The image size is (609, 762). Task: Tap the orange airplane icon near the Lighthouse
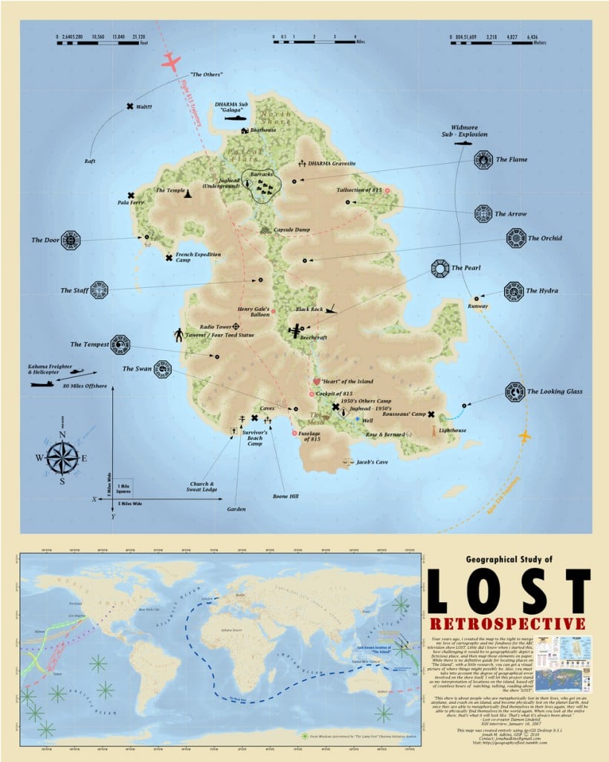click(x=525, y=435)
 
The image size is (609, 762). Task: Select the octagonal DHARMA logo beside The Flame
click(x=483, y=159)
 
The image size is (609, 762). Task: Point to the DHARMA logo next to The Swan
click(x=162, y=369)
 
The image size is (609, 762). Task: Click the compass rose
click(x=62, y=458)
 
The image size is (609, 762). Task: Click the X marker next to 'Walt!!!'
click(x=131, y=106)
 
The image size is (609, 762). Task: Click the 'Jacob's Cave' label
click(x=372, y=462)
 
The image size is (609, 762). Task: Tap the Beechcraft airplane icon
click(x=297, y=331)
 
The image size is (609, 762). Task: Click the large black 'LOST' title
click(x=509, y=590)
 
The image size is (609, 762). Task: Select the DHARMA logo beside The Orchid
click(x=515, y=238)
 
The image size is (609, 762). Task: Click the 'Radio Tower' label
click(x=215, y=327)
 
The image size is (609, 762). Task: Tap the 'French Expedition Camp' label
click(x=199, y=257)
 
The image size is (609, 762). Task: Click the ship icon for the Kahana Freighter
click(x=42, y=384)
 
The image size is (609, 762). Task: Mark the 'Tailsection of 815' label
click(x=359, y=190)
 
